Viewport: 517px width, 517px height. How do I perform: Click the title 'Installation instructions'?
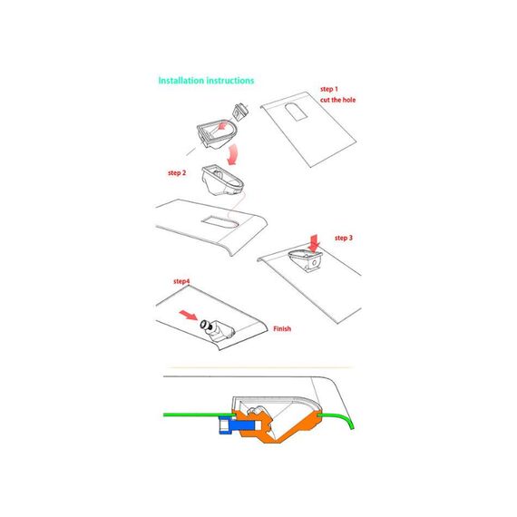pyautogui.click(x=206, y=81)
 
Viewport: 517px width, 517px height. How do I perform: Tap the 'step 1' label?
pyautogui.click(x=329, y=89)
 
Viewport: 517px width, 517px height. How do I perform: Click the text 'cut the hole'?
pyautogui.click(x=338, y=100)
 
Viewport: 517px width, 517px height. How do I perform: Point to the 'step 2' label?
pyautogui.click(x=177, y=172)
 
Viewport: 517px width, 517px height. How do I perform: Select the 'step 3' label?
pyautogui.click(x=344, y=238)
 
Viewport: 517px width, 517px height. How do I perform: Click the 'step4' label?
pyautogui.click(x=181, y=281)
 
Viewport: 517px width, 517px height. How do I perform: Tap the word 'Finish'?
pyautogui.click(x=282, y=328)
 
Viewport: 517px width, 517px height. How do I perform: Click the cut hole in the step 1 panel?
pyautogui.click(x=296, y=112)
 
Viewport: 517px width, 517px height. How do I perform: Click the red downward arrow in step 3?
pyautogui.click(x=314, y=243)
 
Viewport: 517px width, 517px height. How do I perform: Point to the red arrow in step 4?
pyautogui.click(x=189, y=315)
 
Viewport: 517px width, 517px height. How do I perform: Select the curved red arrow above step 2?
pyautogui.click(x=233, y=154)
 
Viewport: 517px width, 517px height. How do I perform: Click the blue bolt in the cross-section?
pyautogui.click(x=237, y=425)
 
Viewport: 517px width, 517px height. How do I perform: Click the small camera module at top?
pyautogui.click(x=240, y=112)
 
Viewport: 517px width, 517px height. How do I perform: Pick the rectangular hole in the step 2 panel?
pyautogui.click(x=219, y=222)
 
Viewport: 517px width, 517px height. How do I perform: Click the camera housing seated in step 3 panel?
pyautogui.click(x=306, y=260)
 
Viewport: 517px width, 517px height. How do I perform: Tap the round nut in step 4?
pyautogui.click(x=205, y=325)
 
